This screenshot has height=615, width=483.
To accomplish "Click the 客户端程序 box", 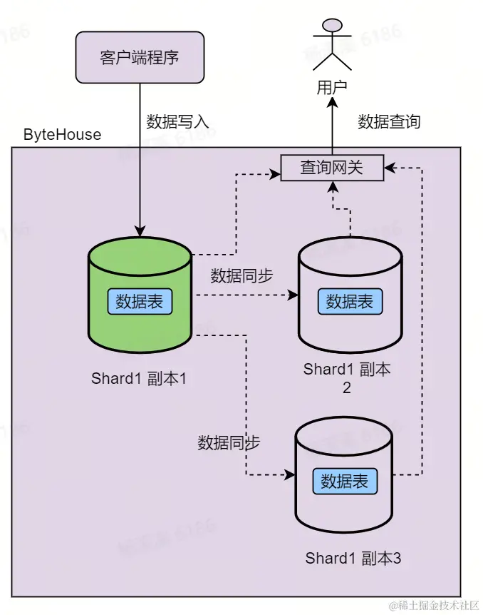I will click(x=140, y=56).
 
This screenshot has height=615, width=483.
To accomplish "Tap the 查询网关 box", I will click(x=332, y=168).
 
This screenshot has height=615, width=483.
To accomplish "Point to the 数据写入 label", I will click(x=177, y=121).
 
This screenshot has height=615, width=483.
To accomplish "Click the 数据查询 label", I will click(x=389, y=121).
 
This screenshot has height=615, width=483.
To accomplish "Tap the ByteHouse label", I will click(x=63, y=135).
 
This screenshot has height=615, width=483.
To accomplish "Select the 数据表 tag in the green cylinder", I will click(x=140, y=301).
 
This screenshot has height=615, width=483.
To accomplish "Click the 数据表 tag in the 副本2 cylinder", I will click(x=350, y=301).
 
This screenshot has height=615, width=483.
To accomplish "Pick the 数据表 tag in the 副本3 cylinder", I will click(x=345, y=482).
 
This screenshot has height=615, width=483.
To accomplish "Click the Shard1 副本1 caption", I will click(x=140, y=378).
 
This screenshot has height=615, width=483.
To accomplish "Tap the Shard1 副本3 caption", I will click(x=353, y=558).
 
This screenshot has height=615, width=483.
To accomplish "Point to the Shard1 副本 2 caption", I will click(x=348, y=378).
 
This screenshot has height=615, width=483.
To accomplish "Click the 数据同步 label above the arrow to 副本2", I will click(x=241, y=275).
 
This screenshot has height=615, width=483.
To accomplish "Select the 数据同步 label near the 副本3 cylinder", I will click(x=229, y=442).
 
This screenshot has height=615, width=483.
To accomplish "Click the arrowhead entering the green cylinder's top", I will click(x=140, y=233).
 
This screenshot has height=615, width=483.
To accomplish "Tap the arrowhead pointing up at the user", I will click(x=332, y=103).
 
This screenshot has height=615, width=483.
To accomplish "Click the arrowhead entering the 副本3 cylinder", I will click(x=291, y=474).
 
